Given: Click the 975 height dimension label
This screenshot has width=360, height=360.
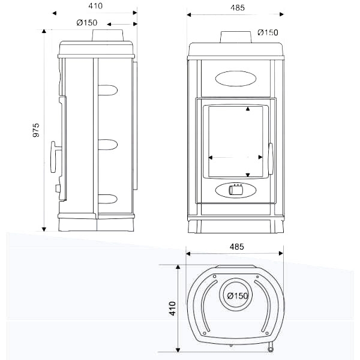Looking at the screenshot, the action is (36, 130).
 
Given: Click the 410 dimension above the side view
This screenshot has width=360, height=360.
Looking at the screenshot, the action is (95, 6).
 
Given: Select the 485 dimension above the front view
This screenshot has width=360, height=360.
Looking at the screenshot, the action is (238, 8).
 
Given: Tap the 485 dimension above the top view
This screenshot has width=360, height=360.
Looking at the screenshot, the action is (237, 247).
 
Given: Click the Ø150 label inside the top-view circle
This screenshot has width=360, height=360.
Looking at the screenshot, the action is (238, 296).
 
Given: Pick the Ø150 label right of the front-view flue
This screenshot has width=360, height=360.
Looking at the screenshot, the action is (268, 32).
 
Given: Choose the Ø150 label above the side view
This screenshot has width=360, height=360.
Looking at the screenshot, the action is (87, 23).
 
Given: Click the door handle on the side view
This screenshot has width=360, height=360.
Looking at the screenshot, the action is (54, 157).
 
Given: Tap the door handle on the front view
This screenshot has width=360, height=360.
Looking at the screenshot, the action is (271, 158).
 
